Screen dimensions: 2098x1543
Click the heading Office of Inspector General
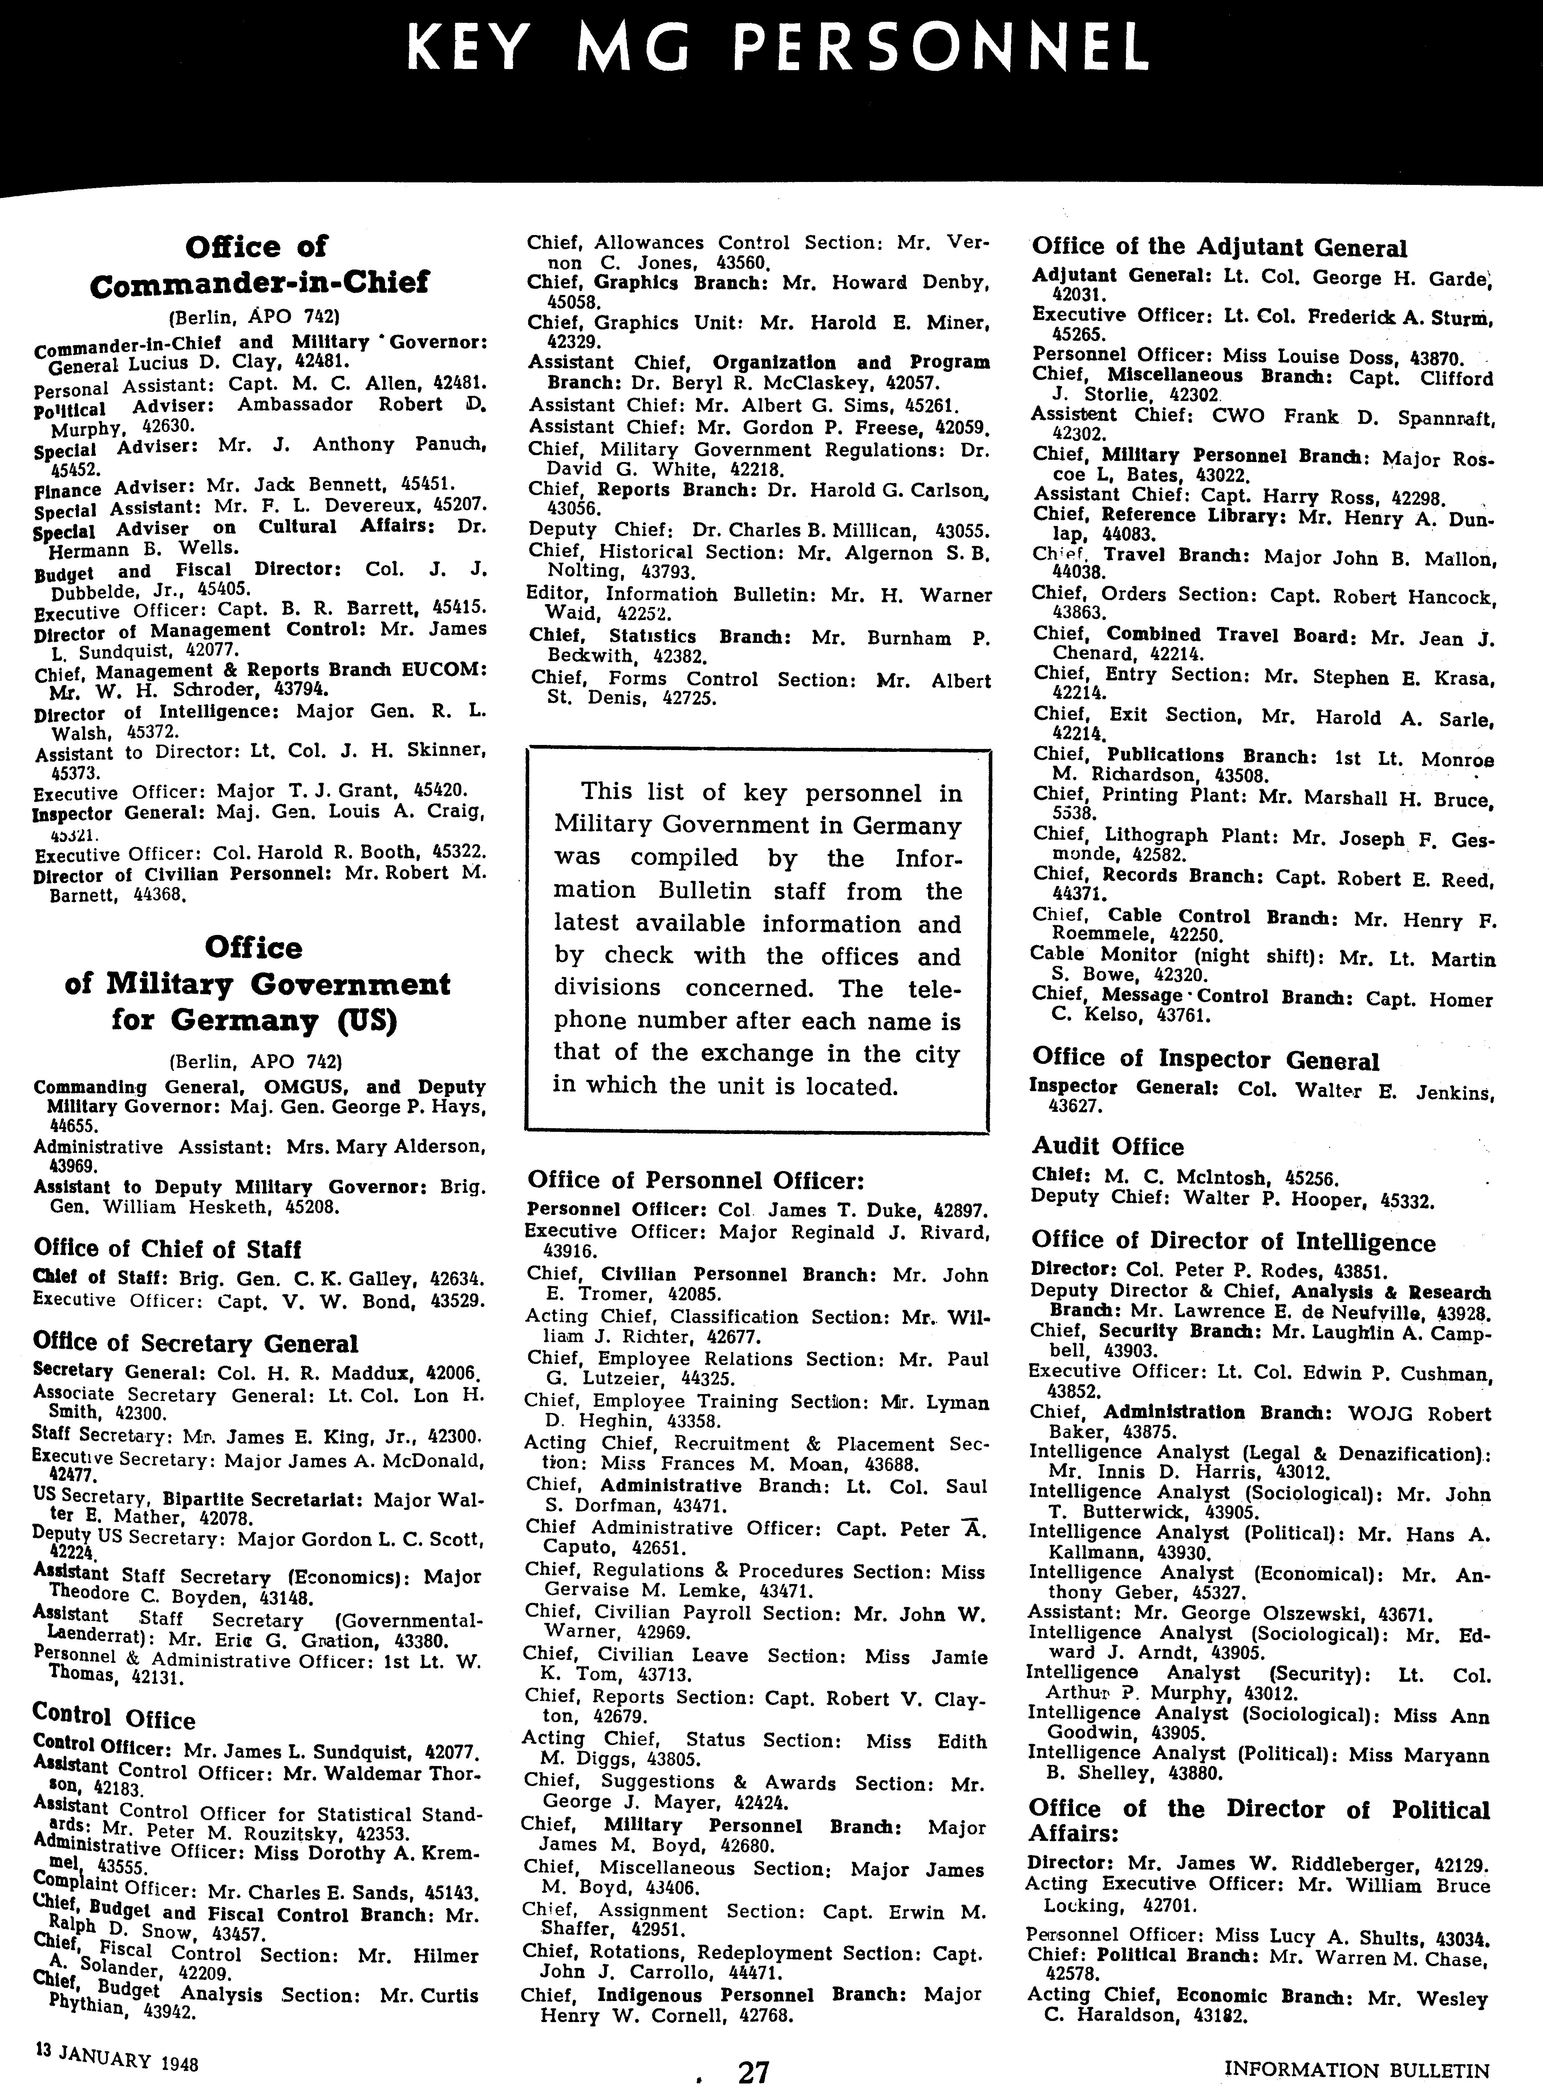click(x=1205, y=1059)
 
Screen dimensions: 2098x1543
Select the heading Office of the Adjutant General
click(x=1219, y=247)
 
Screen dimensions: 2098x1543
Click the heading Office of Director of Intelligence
click(x=1233, y=1242)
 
